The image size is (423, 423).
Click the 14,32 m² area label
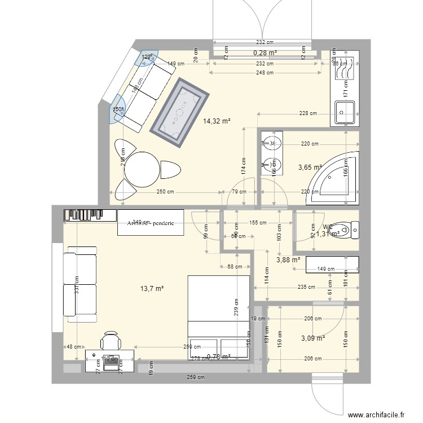217,121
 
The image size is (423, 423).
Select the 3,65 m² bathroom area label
309,168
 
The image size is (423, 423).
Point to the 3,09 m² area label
312,338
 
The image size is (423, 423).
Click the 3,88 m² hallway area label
288,260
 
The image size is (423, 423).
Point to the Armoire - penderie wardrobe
151,223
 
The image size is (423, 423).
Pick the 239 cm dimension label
237,307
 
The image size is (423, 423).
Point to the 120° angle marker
147,57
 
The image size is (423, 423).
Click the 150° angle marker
118,110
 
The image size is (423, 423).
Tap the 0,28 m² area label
265,53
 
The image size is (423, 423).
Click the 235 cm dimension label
306,287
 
